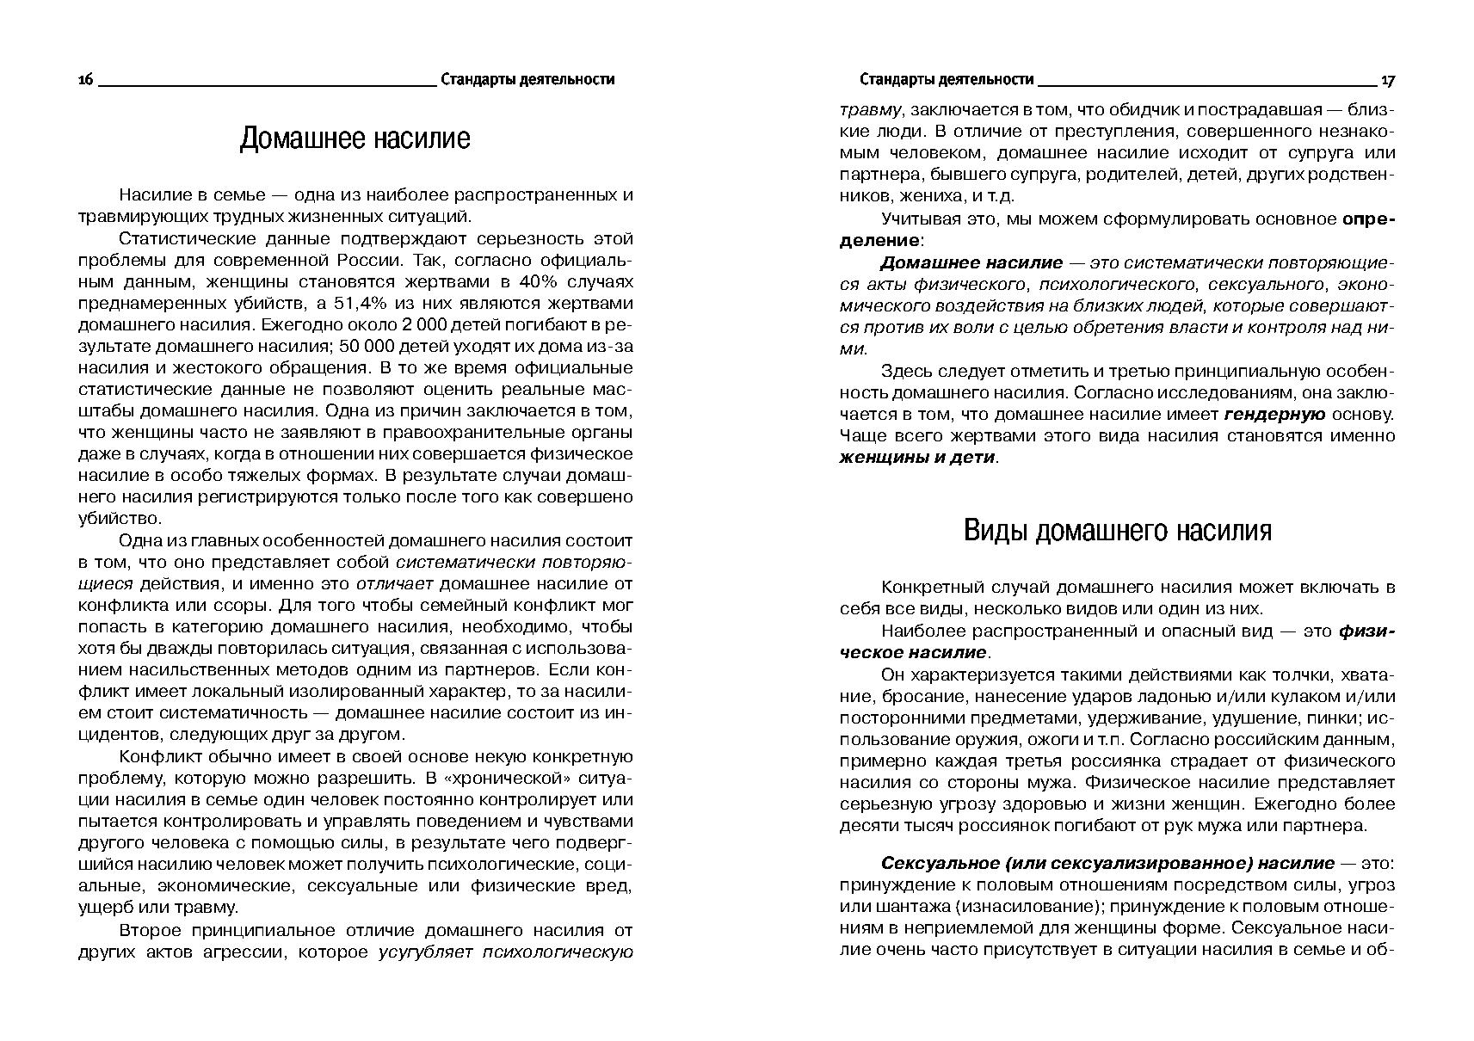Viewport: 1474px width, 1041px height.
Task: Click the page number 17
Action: pyautogui.click(x=1387, y=80)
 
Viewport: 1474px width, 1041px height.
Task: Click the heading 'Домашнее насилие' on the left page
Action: pyautogui.click(x=355, y=139)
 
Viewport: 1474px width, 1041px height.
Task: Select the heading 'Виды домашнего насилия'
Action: pyautogui.click(x=1117, y=530)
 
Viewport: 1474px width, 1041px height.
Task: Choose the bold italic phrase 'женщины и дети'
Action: pyautogui.click(x=916, y=457)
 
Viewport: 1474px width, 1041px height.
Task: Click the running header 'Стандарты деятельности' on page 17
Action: pyautogui.click(x=946, y=80)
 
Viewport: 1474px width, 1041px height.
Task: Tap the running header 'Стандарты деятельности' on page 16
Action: pyautogui.click(x=527, y=80)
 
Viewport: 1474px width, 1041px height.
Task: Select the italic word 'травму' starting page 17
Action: pyautogui.click(x=870, y=110)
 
